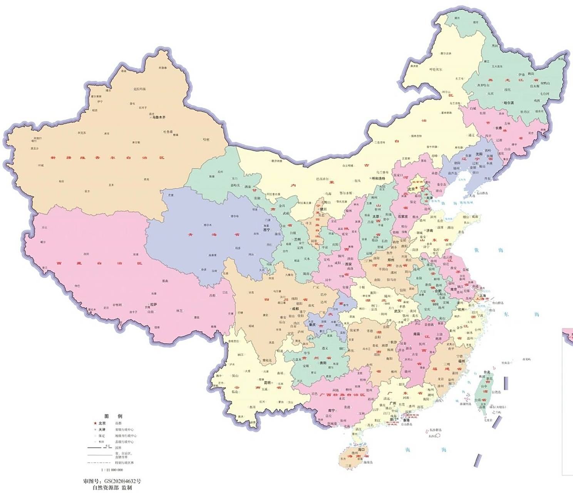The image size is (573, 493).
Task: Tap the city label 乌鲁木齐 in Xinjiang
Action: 158,117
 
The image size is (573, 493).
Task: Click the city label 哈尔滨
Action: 509,103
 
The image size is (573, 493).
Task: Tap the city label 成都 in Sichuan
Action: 295,309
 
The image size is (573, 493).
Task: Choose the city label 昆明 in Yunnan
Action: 267,382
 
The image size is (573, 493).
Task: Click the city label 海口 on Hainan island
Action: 361,449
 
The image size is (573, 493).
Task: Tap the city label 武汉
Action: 397,311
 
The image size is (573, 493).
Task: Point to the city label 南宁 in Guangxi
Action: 331,410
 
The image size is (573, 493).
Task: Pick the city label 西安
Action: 348,265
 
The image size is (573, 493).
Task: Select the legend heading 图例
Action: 113,416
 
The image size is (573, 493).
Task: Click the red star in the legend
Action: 90,423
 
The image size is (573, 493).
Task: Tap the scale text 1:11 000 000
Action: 112,470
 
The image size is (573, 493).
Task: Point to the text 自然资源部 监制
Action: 112,488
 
